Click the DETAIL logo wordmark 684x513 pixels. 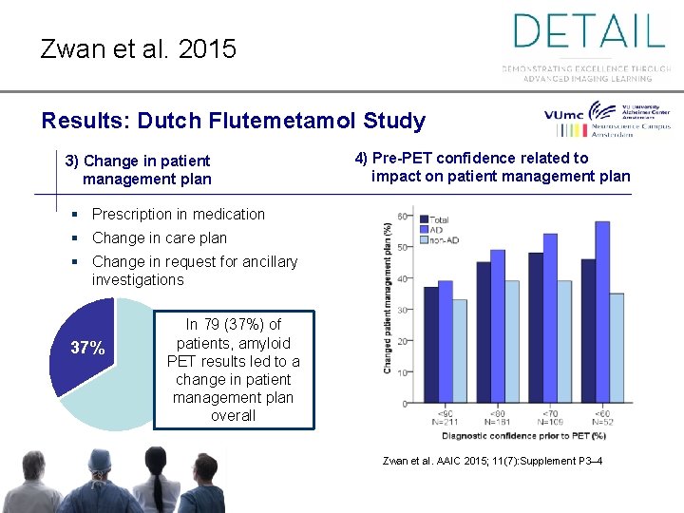coord(588,31)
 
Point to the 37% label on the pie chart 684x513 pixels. coord(87,348)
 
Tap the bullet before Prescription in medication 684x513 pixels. coord(73,215)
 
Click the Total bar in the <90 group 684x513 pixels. coord(431,345)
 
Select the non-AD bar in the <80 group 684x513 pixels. coord(512,341)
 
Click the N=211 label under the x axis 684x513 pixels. coord(445,421)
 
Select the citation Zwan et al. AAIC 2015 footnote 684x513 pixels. coord(491,462)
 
